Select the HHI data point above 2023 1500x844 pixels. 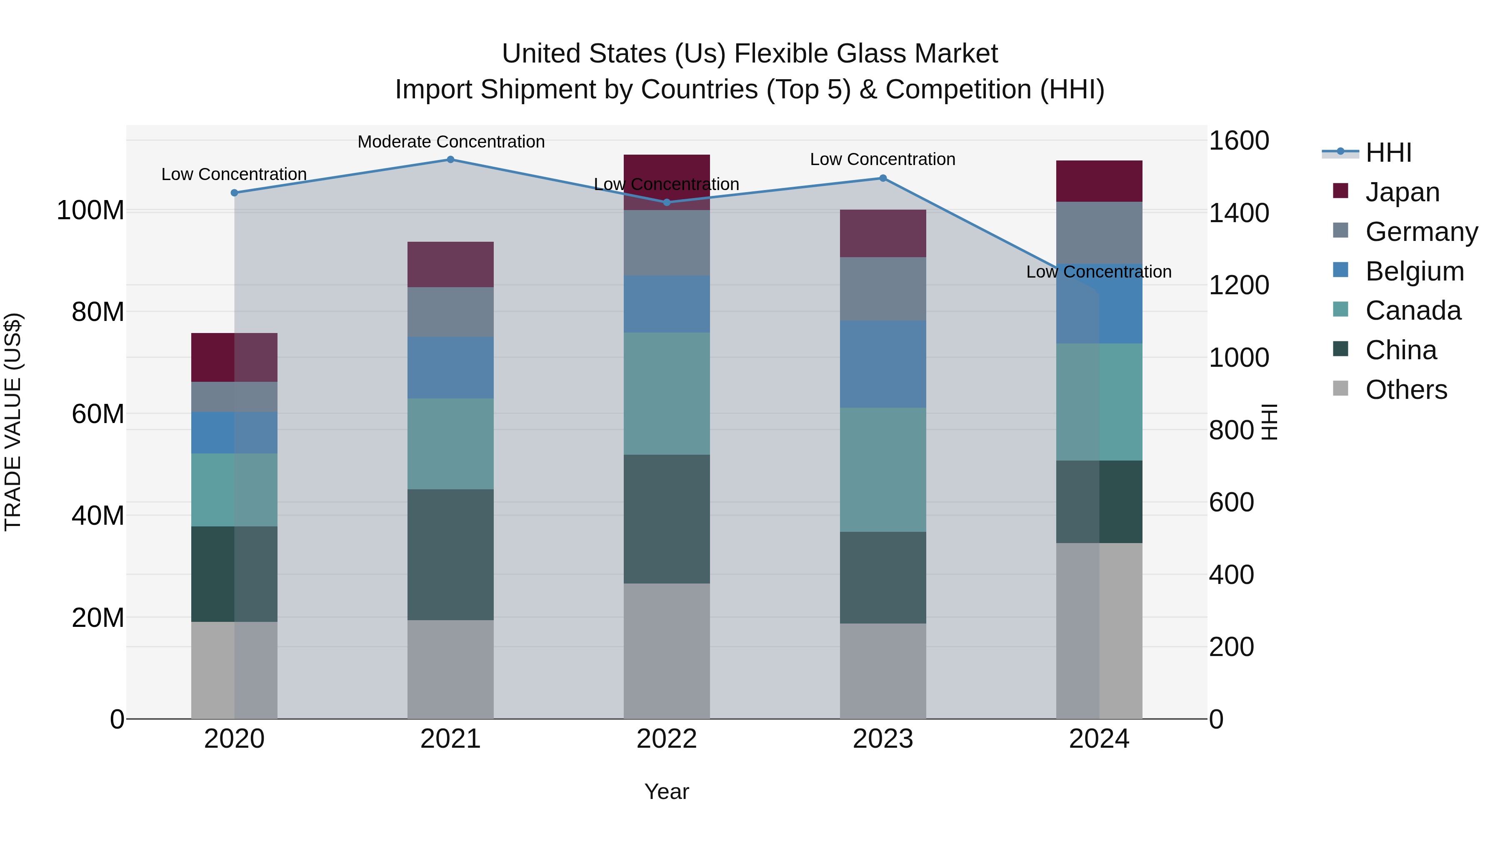tap(883, 178)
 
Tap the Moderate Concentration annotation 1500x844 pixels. tap(451, 142)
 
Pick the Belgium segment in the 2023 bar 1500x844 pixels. tap(883, 364)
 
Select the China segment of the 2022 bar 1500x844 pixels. tap(667, 519)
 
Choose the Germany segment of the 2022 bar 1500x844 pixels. tap(667, 243)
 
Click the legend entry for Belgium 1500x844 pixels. tap(1415, 271)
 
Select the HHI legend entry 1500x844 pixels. tap(1388, 153)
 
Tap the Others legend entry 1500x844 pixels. tap(1406, 390)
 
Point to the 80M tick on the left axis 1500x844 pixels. tap(98, 312)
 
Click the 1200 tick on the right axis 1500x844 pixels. tap(1239, 286)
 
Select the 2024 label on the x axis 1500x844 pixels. tap(1099, 739)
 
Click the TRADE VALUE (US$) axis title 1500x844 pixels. tap(13, 422)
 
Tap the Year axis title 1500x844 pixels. tap(667, 791)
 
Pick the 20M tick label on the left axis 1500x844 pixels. tap(98, 617)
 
